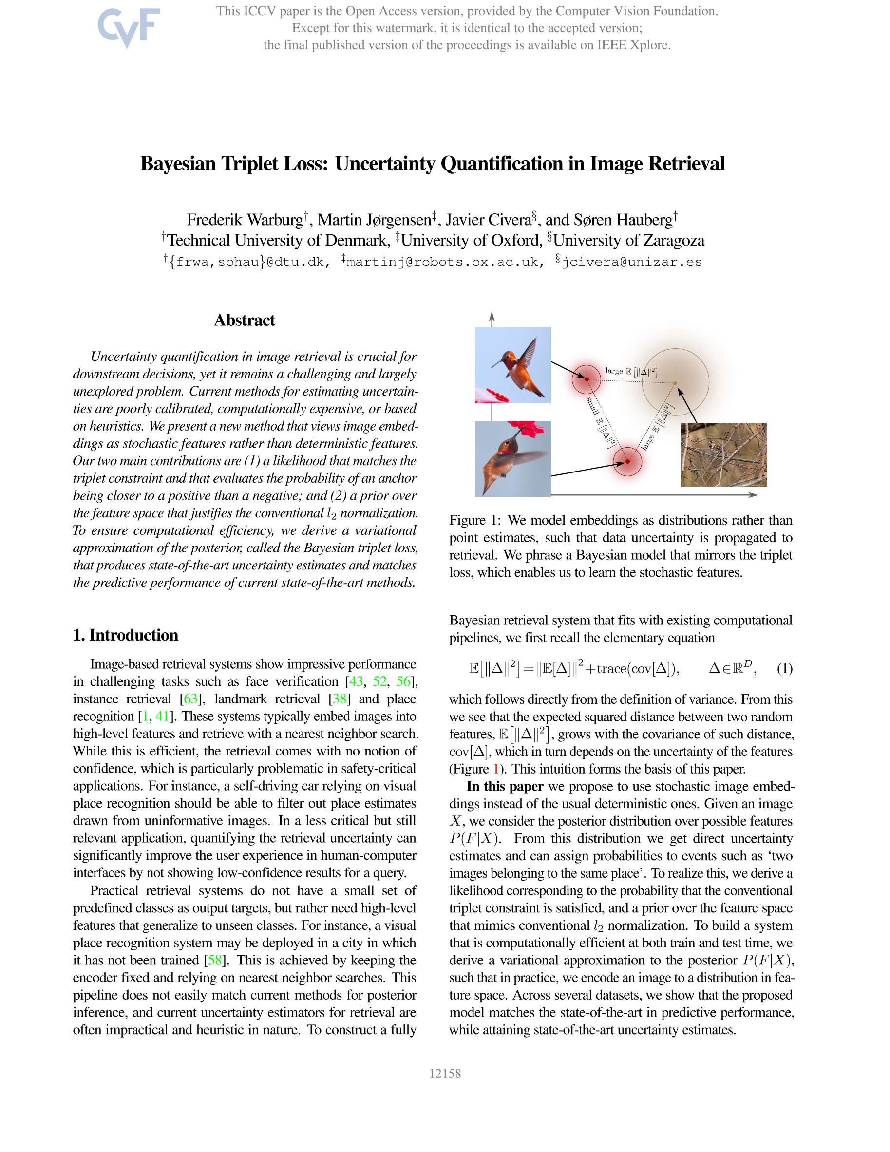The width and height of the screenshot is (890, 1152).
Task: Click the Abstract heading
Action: point(244,320)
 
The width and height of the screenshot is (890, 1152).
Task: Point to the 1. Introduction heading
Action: point(126,635)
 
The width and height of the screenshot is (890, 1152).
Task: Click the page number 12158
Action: point(445,1074)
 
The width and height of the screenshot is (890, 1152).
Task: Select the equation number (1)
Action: point(784,669)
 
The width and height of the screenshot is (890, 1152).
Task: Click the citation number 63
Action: point(190,699)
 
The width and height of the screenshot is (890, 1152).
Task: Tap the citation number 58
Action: point(215,960)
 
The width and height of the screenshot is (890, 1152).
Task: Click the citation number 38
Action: point(339,699)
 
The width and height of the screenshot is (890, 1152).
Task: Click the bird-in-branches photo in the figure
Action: point(723,454)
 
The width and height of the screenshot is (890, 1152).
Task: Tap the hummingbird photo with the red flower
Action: point(512,458)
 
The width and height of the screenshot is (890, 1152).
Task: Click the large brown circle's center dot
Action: point(675,382)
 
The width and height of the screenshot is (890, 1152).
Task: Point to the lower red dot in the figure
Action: point(627,462)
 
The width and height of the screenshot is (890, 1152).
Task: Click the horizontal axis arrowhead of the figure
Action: point(755,495)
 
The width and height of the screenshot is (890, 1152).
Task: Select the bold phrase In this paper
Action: point(505,787)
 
